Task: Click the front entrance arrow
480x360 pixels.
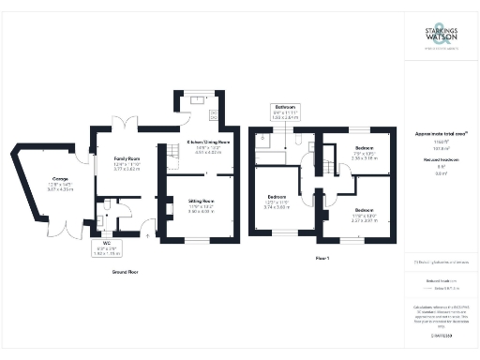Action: (149, 237)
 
